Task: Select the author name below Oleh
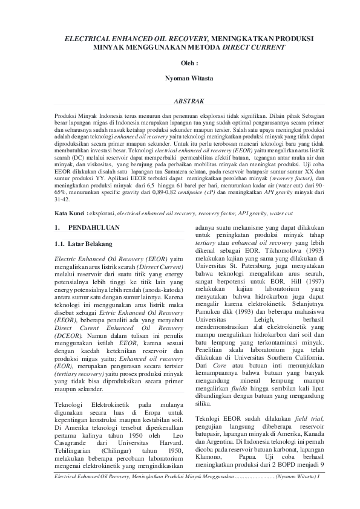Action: pos(180,79)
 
